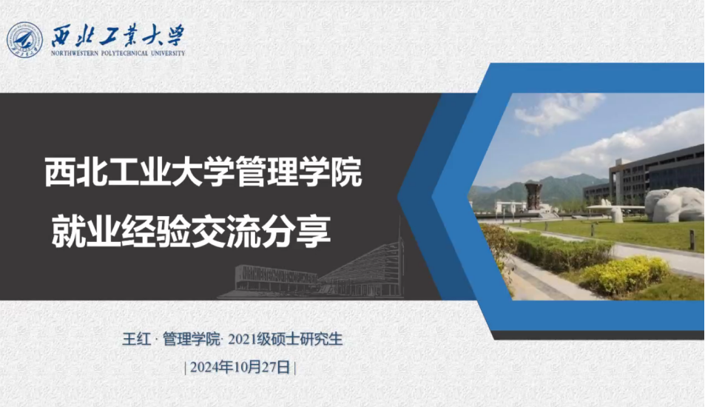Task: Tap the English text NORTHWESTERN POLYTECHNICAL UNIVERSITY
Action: click(118, 53)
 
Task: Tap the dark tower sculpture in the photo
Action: click(533, 194)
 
